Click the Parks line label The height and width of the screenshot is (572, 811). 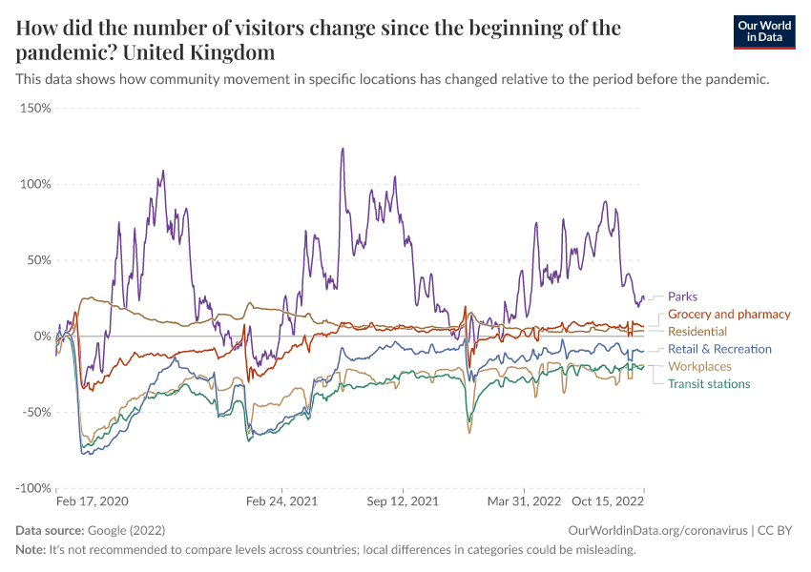point(682,296)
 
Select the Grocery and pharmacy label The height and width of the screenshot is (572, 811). point(729,314)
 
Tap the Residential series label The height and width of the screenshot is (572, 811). point(697,331)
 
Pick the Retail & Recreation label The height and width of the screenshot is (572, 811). point(719,349)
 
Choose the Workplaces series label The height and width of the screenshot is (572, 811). point(699,366)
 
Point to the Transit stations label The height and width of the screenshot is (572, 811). point(709,383)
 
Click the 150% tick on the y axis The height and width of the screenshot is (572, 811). point(34,108)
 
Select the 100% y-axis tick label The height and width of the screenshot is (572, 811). point(34,184)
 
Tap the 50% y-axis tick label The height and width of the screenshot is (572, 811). point(37,260)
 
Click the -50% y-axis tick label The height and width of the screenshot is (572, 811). point(35,413)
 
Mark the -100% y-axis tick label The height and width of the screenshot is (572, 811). point(32,488)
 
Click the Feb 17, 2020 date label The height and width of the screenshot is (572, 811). point(92,500)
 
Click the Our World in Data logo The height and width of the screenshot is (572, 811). point(764,31)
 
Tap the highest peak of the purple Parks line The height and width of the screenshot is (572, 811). point(342,149)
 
